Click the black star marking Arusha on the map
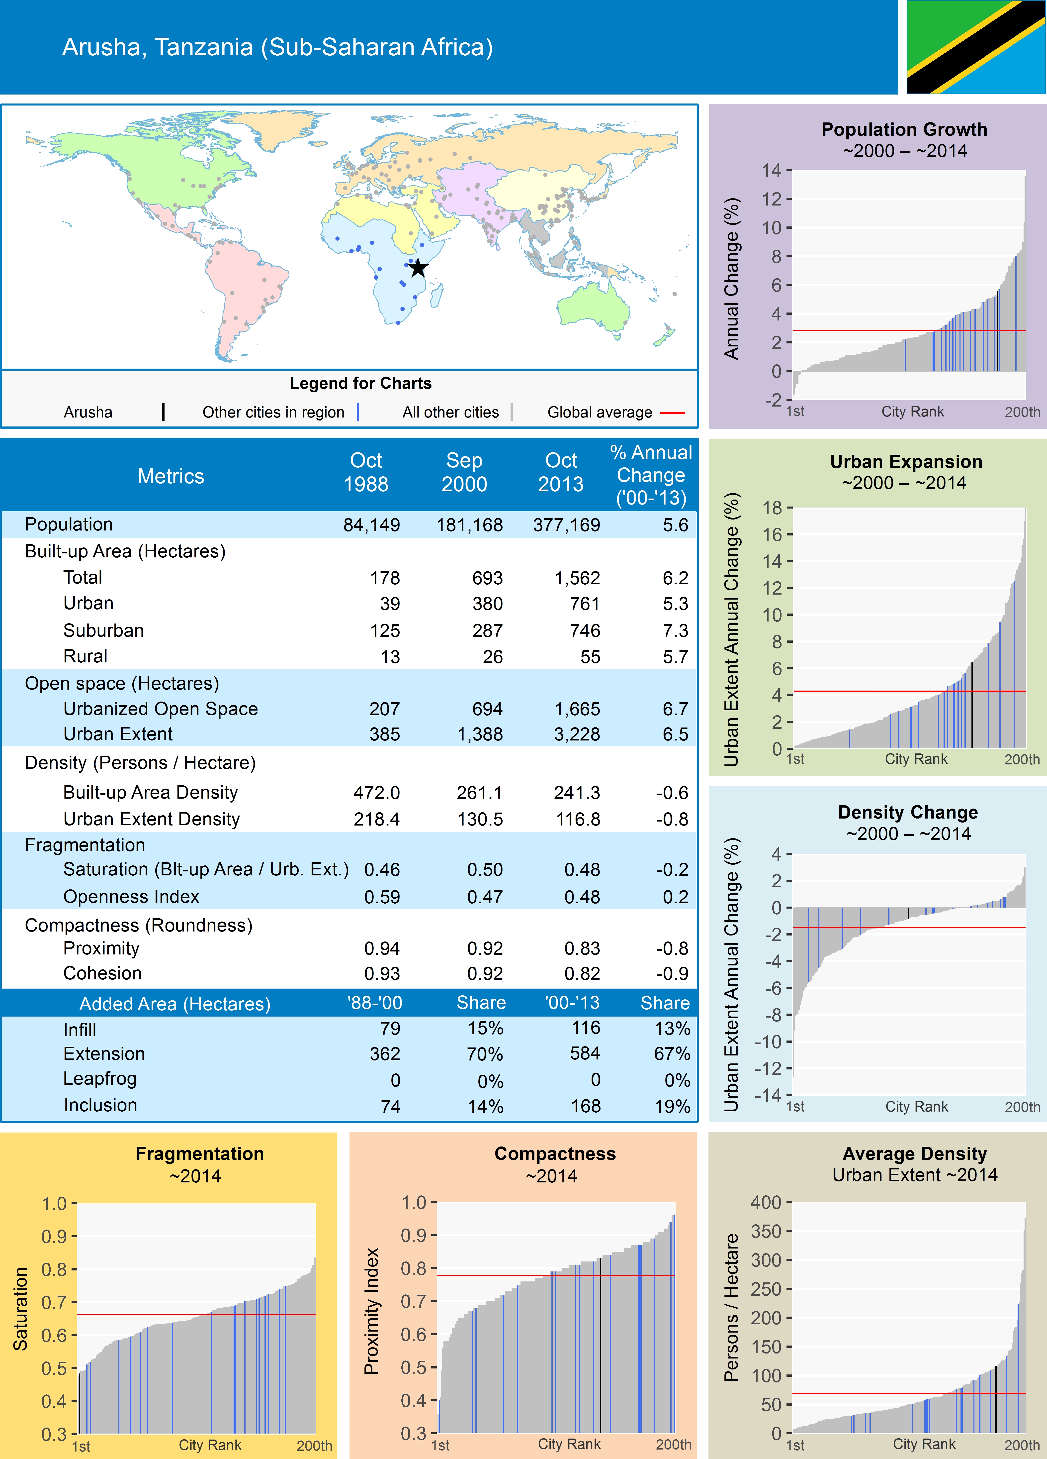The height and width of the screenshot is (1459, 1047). tap(418, 268)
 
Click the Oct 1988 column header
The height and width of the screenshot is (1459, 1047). tap(366, 472)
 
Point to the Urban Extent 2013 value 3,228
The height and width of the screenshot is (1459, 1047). tap(577, 734)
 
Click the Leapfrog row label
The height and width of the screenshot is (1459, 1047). tap(100, 1079)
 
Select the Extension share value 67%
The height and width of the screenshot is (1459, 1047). tap(672, 1054)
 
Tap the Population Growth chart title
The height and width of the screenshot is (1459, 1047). tap(904, 129)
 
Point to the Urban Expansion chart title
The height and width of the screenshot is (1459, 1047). tap(905, 462)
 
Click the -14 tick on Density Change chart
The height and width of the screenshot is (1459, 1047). tap(768, 1095)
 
